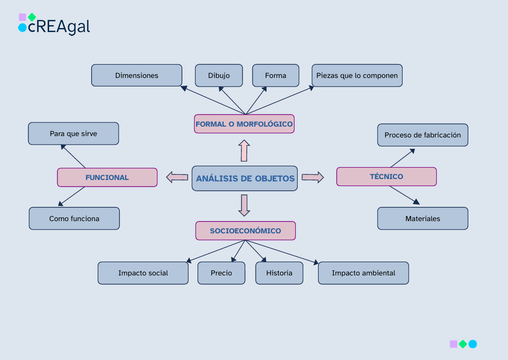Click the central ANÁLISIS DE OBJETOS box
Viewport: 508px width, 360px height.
click(245, 179)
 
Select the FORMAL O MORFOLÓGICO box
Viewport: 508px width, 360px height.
click(244, 124)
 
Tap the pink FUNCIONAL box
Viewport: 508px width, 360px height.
click(107, 178)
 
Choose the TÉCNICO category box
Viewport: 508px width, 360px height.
click(386, 177)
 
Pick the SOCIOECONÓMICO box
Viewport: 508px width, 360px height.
click(245, 231)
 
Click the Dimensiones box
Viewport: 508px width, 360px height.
click(137, 76)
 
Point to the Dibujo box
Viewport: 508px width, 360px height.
click(219, 76)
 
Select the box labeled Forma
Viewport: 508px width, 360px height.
click(276, 76)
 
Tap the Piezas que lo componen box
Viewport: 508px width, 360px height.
click(357, 76)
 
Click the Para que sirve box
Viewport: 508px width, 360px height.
click(73, 134)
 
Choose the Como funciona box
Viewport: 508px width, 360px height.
click(74, 219)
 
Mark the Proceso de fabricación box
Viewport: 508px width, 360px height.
click(422, 135)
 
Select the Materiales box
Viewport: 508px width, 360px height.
click(422, 219)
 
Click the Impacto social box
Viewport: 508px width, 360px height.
click(143, 273)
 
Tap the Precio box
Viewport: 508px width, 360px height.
click(221, 273)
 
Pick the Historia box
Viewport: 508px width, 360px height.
click(279, 273)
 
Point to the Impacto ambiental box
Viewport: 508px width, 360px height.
click(363, 273)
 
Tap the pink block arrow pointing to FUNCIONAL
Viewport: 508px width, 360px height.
click(177, 177)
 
